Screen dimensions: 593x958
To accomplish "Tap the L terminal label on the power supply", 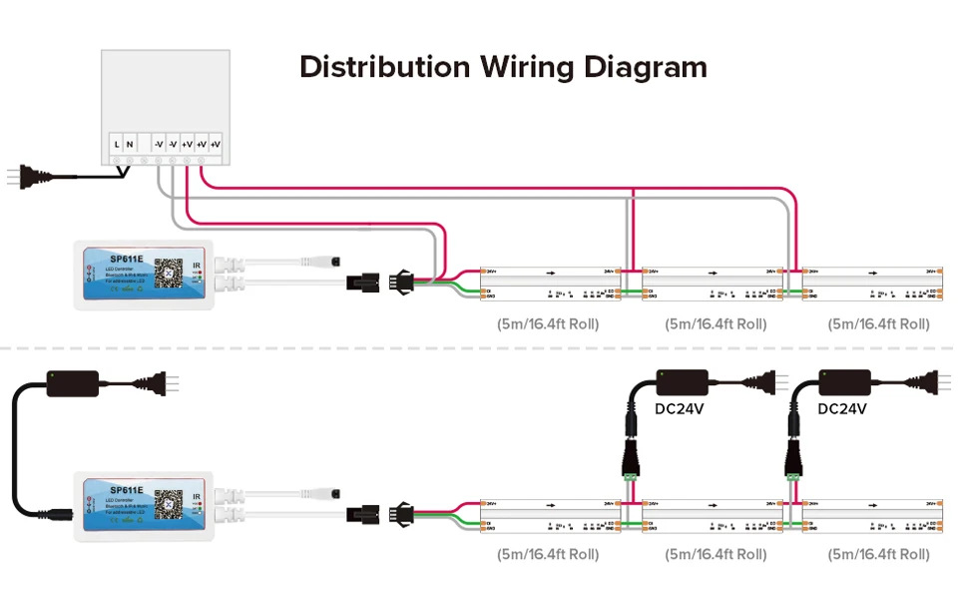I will coord(118,145).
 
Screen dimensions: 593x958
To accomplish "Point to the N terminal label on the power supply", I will coord(131,145).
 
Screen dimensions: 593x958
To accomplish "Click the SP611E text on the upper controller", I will coord(127,258).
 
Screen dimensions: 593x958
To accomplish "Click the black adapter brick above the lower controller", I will coord(73,381).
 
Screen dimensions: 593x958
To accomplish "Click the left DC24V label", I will coord(679,409).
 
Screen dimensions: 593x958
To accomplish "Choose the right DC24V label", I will coord(842,409).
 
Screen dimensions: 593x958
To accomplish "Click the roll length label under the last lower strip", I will coord(878,554).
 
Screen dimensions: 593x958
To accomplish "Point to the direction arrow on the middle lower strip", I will coord(713,503).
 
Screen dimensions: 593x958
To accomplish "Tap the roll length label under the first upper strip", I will coord(548,324).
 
